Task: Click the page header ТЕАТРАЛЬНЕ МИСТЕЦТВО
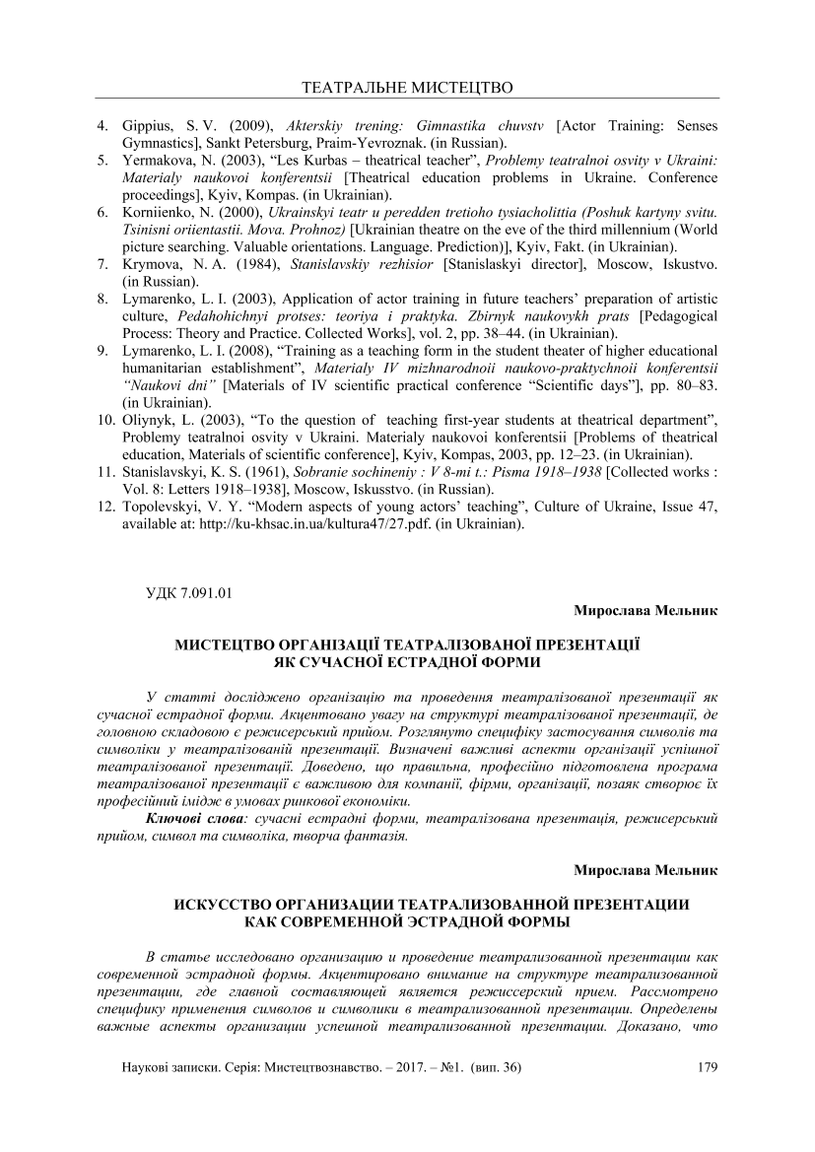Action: point(406,88)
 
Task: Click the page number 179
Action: point(707,1067)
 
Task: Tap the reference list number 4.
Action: point(102,127)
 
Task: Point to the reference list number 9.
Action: point(102,349)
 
